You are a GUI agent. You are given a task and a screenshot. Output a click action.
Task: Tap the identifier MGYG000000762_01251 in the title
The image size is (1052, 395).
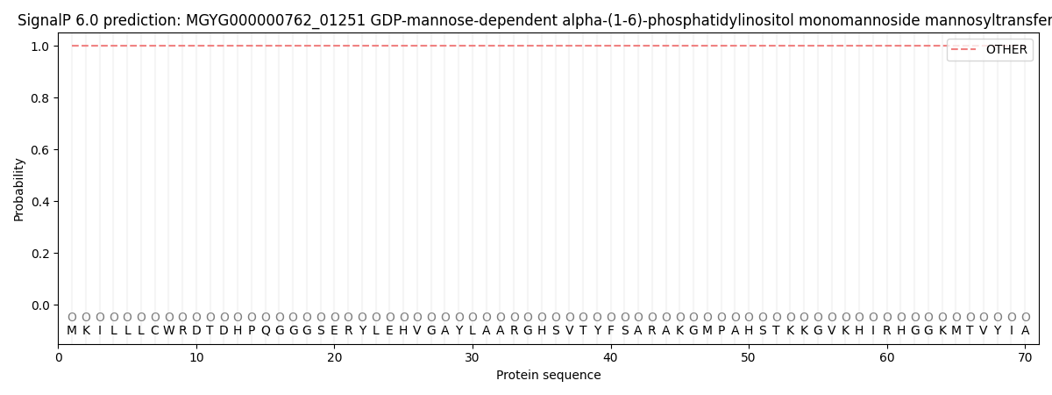[x=275, y=20]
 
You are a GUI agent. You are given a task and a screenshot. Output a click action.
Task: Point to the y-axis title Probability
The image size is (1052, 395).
[x=18, y=190]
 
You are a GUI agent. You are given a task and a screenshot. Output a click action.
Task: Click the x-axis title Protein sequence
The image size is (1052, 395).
[x=549, y=375]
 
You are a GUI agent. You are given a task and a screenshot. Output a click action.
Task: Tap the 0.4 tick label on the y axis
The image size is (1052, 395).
[x=41, y=202]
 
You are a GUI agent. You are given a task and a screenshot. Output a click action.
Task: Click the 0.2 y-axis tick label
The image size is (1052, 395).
[x=41, y=254]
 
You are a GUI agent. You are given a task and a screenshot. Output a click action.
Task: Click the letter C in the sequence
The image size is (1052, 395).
[x=155, y=331]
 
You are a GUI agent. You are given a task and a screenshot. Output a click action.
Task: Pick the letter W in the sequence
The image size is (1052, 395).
[x=169, y=331]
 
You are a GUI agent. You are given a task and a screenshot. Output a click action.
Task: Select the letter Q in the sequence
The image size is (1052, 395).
[x=266, y=331]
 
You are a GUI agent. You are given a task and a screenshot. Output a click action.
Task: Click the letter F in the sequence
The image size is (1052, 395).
[x=610, y=331]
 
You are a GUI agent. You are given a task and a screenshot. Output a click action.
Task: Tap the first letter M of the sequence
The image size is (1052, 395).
[x=72, y=331]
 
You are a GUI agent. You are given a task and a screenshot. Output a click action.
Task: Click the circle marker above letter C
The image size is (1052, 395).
[x=155, y=317]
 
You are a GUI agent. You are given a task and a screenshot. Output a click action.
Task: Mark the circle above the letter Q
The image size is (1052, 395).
[x=266, y=317]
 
